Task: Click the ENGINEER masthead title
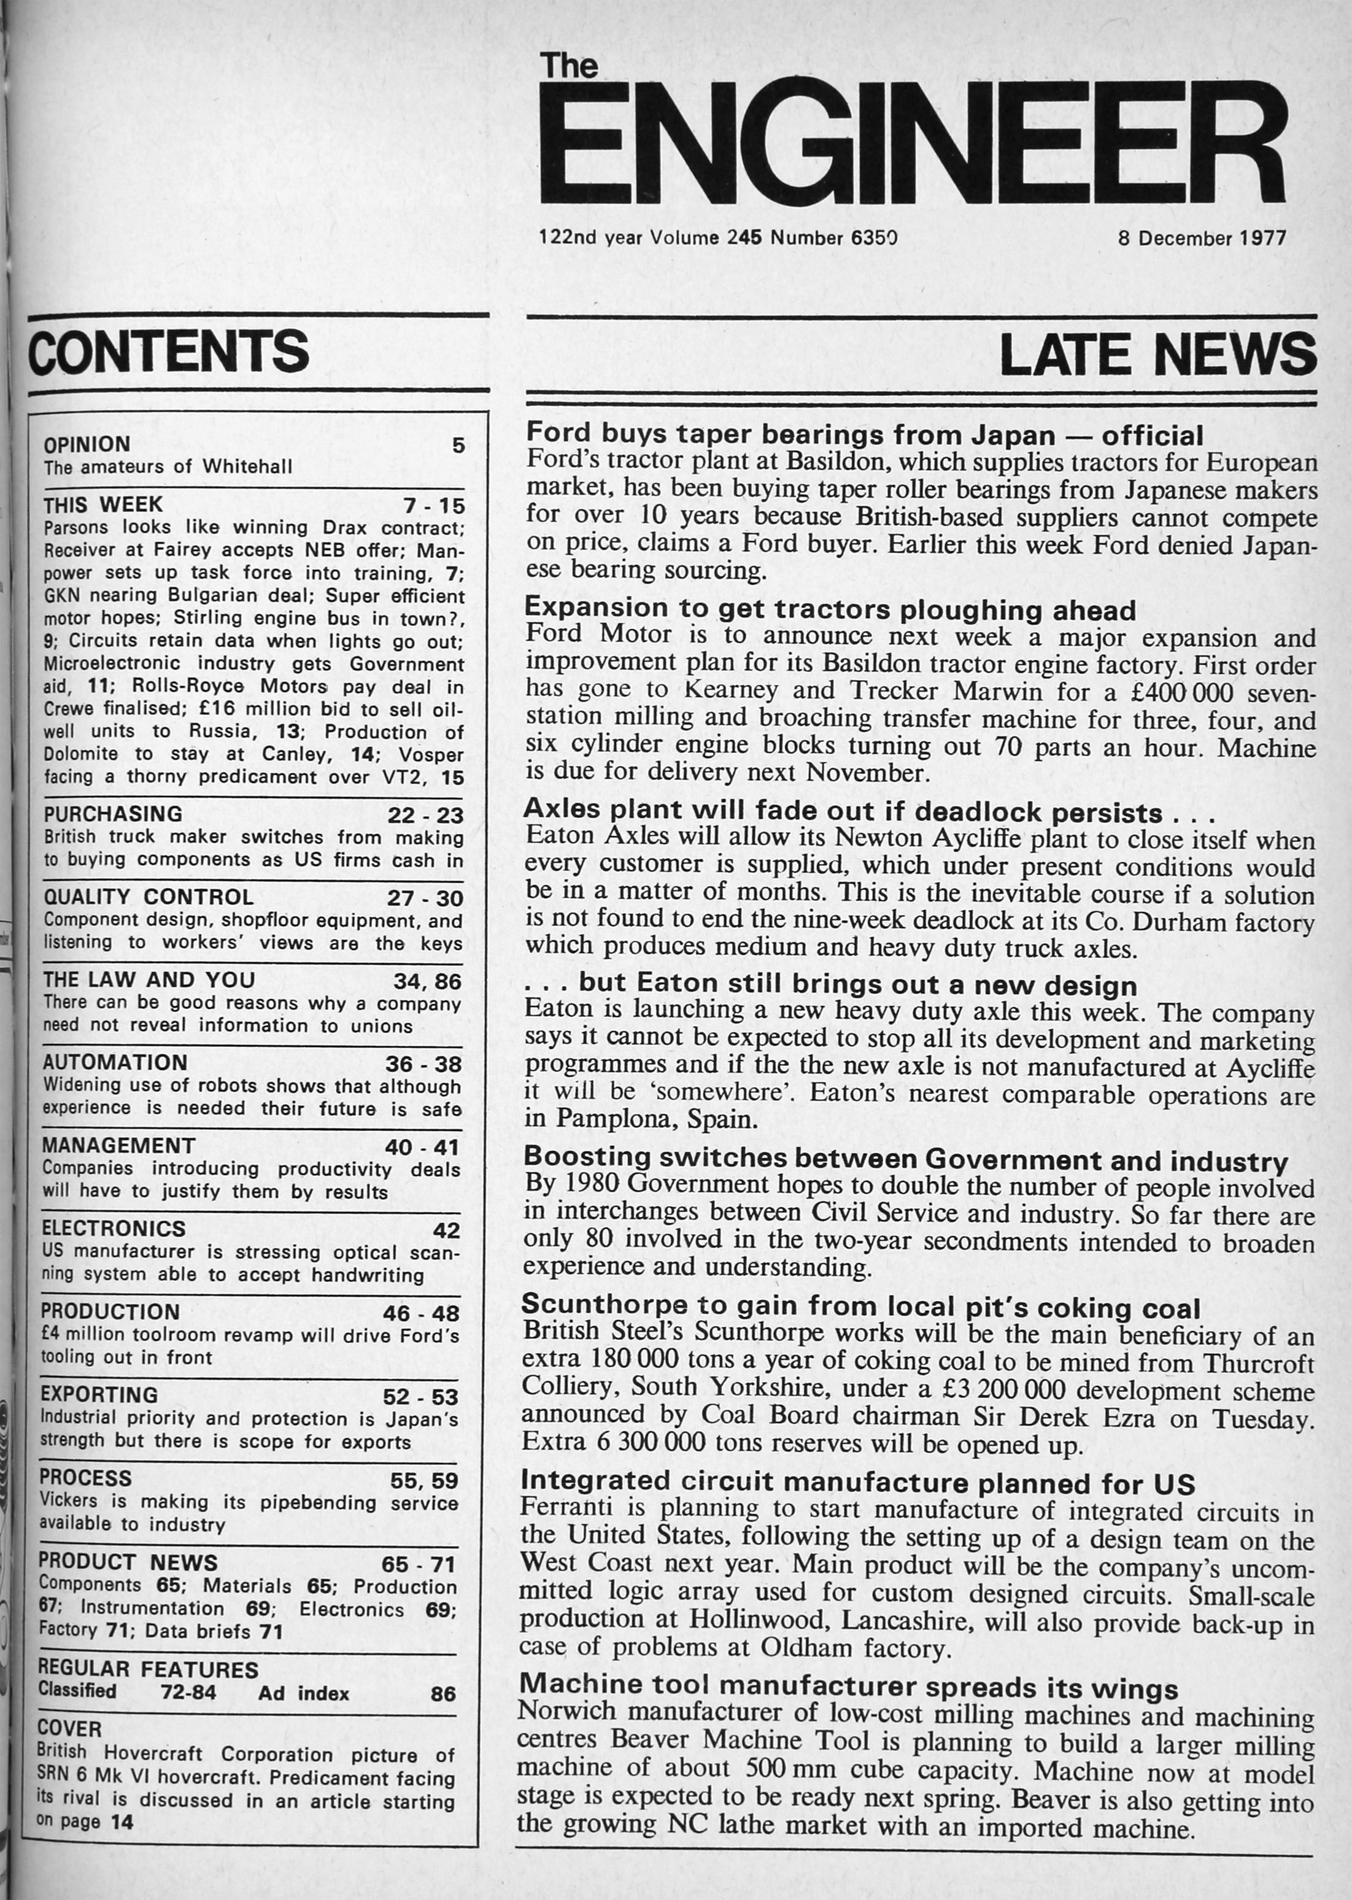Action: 913,142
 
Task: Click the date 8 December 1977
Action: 1202,238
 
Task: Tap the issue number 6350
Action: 874,238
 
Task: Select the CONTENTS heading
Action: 169,351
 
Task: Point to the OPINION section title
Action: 87,444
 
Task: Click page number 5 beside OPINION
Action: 458,446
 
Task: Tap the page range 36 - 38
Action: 423,1064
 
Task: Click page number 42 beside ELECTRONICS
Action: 446,1230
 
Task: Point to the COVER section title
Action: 69,1729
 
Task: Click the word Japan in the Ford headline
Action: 1015,435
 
